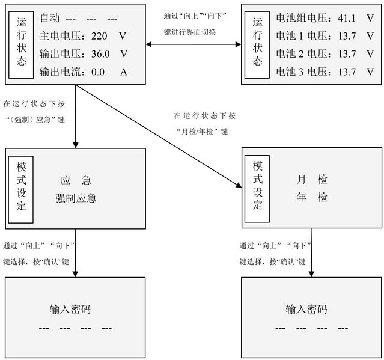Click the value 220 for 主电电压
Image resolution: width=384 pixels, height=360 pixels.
tap(100, 36)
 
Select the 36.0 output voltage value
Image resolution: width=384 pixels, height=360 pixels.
tap(101, 54)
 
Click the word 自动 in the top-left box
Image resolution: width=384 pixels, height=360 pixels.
tap(49, 19)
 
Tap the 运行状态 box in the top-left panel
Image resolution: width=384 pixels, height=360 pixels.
tap(20, 45)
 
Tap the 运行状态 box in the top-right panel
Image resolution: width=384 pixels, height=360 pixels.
tap(257, 45)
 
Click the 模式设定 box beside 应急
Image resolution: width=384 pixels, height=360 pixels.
tap(20, 186)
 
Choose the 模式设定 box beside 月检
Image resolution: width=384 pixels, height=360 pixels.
tap(257, 186)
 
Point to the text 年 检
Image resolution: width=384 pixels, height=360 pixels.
tap(312, 197)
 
